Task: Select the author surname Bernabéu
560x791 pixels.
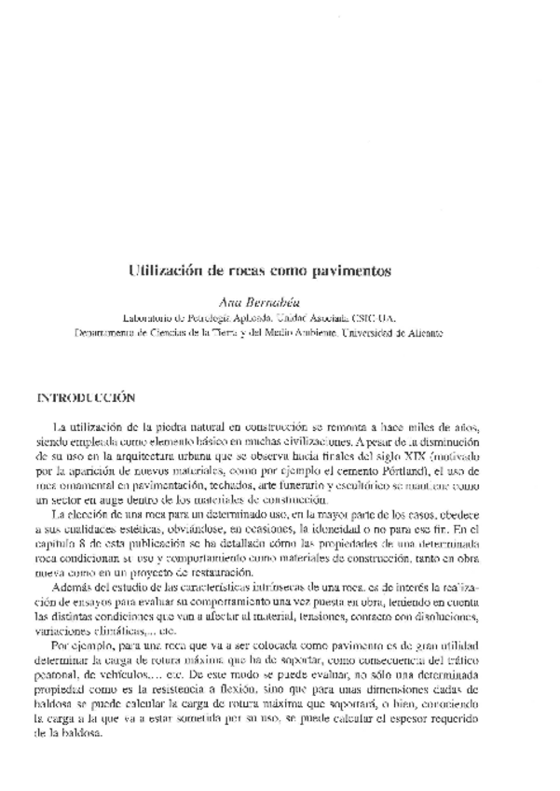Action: (268, 302)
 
